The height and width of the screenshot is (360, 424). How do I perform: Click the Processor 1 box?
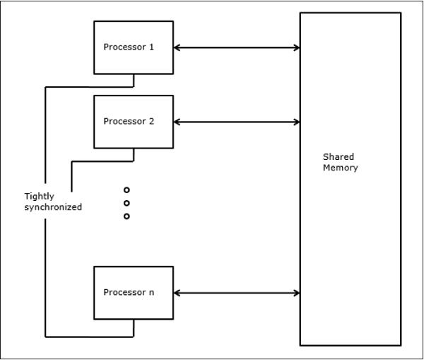click(x=133, y=47)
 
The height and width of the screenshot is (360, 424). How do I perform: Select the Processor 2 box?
click(x=133, y=121)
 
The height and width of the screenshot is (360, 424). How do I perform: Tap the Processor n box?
click(x=133, y=292)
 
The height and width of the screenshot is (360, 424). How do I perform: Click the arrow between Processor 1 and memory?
click(x=237, y=47)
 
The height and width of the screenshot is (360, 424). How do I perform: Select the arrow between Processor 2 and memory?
click(x=237, y=122)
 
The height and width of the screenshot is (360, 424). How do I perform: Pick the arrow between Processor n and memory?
click(x=237, y=292)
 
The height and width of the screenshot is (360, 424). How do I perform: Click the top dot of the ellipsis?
click(x=126, y=190)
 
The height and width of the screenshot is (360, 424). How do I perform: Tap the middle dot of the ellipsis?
click(x=126, y=203)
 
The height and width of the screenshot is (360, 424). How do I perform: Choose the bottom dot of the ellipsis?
click(x=126, y=216)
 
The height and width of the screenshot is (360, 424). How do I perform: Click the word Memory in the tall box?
click(x=341, y=168)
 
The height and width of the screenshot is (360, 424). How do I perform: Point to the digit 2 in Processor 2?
click(x=152, y=121)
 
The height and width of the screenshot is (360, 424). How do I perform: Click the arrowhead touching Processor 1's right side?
click(x=177, y=47)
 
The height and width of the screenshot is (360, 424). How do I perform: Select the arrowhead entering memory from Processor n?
click(x=296, y=292)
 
